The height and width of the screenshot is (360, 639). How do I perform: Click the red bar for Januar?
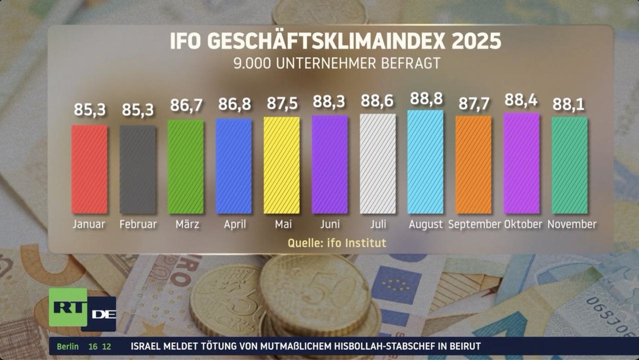89,169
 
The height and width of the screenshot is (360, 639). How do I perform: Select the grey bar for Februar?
138,169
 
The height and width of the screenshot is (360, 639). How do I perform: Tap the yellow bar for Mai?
282,165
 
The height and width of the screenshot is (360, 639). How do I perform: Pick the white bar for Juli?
378,163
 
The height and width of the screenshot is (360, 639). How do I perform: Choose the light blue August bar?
425,161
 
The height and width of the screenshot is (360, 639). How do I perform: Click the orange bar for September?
473,164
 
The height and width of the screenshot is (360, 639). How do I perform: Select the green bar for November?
570,165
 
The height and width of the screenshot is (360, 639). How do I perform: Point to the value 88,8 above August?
426,99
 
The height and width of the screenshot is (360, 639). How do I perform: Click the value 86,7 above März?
186,105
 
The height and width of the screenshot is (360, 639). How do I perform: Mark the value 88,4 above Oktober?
521,101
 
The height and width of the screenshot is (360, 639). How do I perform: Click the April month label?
234,224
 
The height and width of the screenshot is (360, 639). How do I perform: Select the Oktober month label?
523,224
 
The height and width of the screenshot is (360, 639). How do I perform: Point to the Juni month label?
330,224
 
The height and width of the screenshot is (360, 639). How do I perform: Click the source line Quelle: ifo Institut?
337,243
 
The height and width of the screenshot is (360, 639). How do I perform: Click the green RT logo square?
67,307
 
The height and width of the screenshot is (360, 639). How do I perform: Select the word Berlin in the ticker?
68,346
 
